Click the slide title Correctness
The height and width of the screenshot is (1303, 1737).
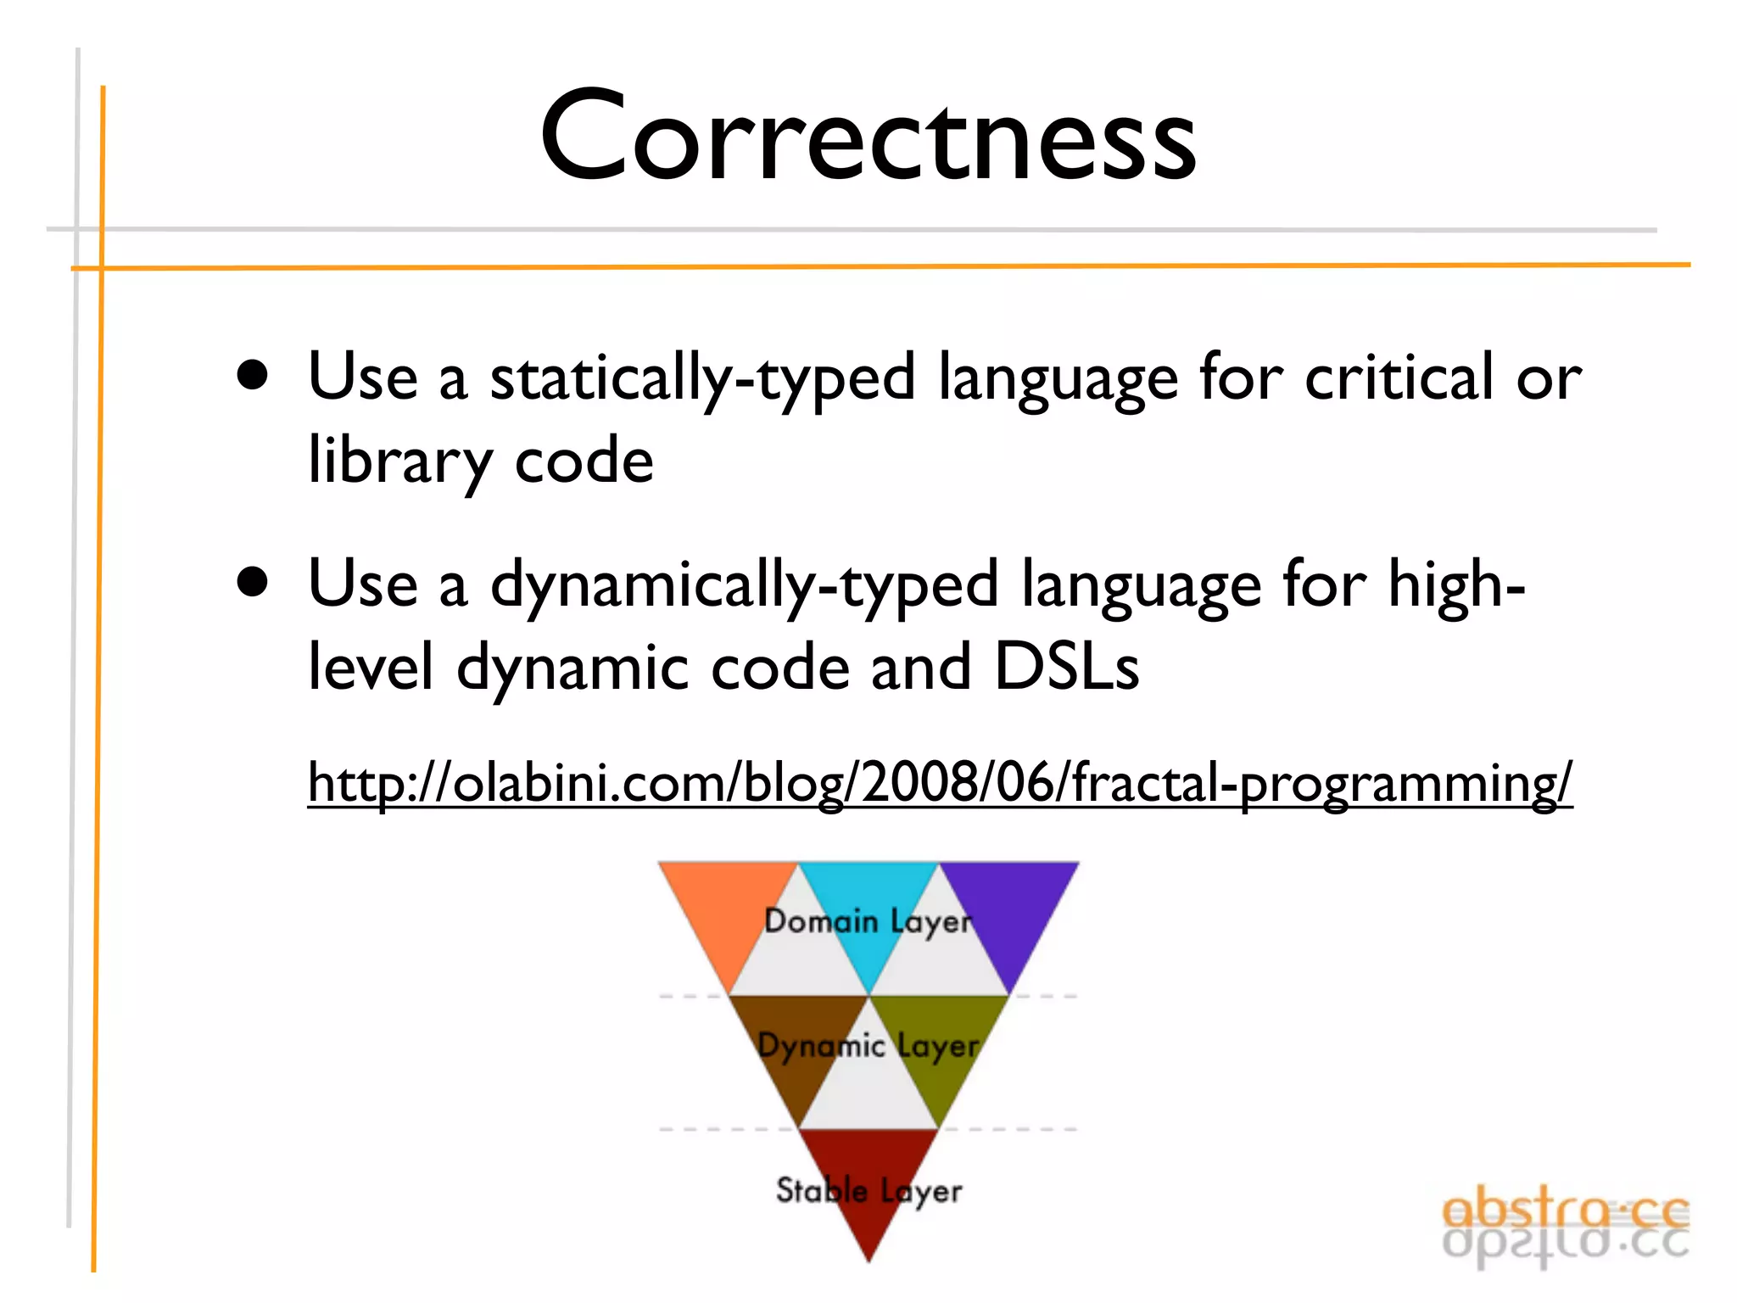click(x=868, y=136)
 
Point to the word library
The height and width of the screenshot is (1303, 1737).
click(x=399, y=461)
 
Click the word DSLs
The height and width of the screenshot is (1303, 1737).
click(x=1066, y=667)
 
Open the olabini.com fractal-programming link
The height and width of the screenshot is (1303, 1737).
click(x=939, y=782)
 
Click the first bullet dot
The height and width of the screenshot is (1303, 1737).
click(x=253, y=376)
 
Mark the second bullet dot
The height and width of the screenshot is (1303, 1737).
click(x=253, y=583)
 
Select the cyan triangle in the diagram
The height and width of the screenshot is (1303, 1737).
click(x=868, y=891)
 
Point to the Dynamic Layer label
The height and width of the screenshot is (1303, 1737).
click(x=868, y=1046)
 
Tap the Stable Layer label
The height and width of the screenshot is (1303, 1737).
click(x=868, y=1191)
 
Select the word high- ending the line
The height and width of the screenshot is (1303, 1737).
click(x=1455, y=585)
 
